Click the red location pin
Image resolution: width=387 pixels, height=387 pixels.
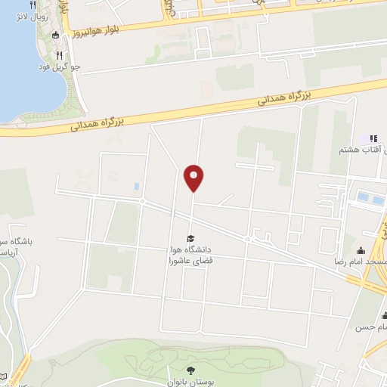tap(194, 177)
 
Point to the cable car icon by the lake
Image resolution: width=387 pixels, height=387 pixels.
tap(57, 35)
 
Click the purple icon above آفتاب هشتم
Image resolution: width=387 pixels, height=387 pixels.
tap(372, 138)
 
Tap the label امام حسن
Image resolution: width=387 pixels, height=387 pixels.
tap(372, 327)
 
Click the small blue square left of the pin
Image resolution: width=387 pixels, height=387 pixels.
tap(136, 186)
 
